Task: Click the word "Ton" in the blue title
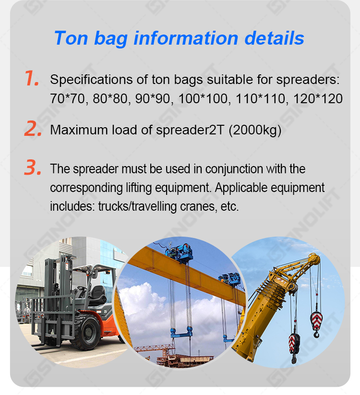pyautogui.click(x=72, y=38)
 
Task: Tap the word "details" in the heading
pyautogui.click(x=275, y=38)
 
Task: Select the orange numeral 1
pyautogui.click(x=32, y=78)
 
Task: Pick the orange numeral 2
pyautogui.click(x=33, y=129)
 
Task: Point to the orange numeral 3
pyautogui.click(x=33, y=167)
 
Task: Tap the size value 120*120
pyautogui.click(x=318, y=98)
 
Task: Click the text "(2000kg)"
pyautogui.click(x=255, y=130)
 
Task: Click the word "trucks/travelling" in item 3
pyautogui.click(x=138, y=206)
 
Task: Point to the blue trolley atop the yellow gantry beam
pyautogui.click(x=180, y=252)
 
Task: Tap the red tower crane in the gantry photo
pyautogui.click(x=154, y=348)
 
